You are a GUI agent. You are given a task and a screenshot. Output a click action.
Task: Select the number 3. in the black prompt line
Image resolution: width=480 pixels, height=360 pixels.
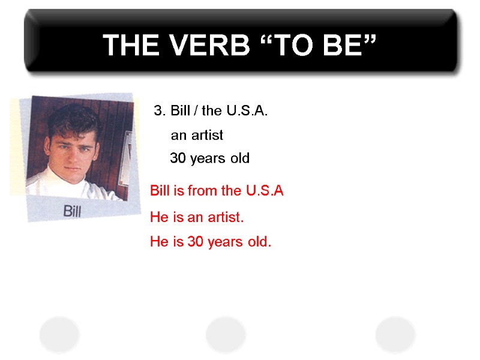tap(160, 111)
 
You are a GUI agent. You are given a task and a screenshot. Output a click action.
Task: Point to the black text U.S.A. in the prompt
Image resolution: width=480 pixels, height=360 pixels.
tap(246, 111)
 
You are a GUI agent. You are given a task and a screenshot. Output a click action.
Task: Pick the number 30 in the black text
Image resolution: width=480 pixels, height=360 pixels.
tap(178, 158)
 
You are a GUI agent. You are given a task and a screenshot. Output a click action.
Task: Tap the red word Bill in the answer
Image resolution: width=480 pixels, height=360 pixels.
tap(160, 191)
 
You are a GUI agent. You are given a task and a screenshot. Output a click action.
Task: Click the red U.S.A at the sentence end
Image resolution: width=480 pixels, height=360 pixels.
tap(265, 191)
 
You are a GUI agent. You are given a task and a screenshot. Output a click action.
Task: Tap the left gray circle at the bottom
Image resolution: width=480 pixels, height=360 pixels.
tap(59, 334)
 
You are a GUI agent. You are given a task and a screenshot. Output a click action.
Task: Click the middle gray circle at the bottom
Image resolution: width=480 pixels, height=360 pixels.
tap(226, 334)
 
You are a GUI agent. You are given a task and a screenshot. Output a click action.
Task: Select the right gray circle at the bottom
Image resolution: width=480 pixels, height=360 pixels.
tap(395, 334)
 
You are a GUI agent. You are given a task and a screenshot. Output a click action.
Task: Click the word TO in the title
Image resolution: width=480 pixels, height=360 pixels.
tap(291, 45)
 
